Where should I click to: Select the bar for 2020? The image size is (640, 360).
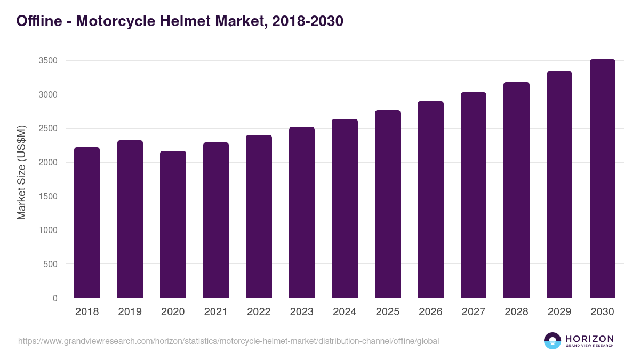[x=173, y=225]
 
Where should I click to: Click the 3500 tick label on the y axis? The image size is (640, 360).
[x=48, y=61]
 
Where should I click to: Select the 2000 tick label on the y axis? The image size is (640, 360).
[x=48, y=163]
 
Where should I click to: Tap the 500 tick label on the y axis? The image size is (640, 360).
[x=50, y=264]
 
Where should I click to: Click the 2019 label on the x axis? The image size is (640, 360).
[x=130, y=312]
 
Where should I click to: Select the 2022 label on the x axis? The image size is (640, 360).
[x=259, y=312]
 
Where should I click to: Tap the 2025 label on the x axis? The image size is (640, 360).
[x=387, y=312]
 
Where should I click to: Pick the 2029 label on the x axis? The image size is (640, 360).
[x=559, y=312]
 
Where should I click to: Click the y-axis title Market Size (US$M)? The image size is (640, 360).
[x=21, y=172]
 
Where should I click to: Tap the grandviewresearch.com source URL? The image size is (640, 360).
[x=228, y=341]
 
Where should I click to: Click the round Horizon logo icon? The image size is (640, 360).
[x=553, y=341]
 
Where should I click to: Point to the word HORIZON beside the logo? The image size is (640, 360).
[x=589, y=338]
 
